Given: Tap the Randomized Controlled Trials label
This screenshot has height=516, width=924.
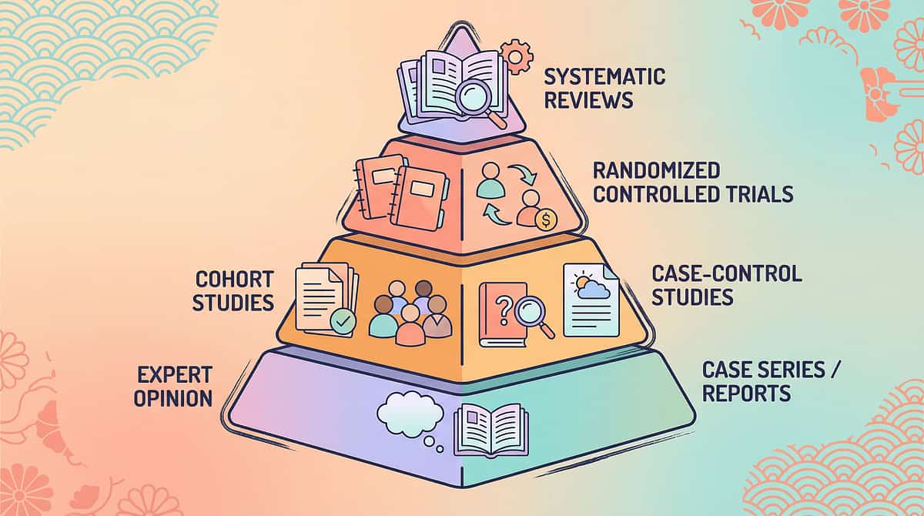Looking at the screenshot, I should coord(691,182).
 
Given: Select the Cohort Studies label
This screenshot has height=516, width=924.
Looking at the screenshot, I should coord(233,290).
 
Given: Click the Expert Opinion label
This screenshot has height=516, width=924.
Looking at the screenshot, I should coord(175,387).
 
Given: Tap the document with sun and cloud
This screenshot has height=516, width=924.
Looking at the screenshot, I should coord(591,300).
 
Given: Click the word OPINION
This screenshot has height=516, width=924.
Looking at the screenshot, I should coord(175,398).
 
